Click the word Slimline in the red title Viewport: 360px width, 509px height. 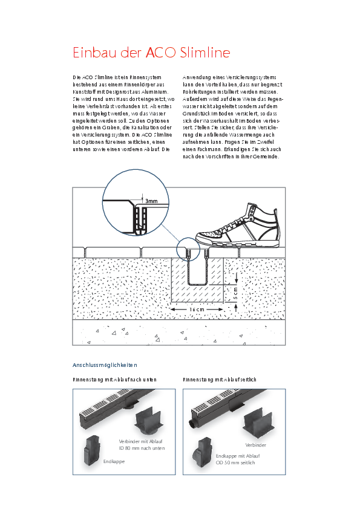pos(205,53)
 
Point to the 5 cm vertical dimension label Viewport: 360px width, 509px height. pos(235,294)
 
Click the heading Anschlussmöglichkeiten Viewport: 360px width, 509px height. pos(105,365)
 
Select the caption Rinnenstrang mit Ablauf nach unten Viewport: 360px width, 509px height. pos(115,379)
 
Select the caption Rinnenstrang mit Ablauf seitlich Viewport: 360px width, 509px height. pos(220,379)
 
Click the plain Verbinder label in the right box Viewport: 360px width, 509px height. pos(255,444)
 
